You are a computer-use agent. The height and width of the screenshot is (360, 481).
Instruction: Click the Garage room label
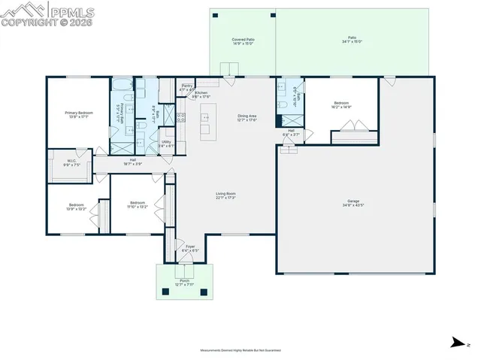[352, 203]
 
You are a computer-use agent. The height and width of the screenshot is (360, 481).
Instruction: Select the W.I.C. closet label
[71, 162]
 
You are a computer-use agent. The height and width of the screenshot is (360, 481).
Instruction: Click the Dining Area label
[247, 118]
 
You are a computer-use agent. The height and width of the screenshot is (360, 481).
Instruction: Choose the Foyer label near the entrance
[190, 249]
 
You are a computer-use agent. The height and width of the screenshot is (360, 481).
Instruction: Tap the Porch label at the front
[185, 283]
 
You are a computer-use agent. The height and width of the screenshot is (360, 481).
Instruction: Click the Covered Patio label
[242, 41]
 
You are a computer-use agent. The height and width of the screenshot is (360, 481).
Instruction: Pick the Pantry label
[186, 88]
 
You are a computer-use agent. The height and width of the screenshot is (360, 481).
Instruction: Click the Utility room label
[166, 144]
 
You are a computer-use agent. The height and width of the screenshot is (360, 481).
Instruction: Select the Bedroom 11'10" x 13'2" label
[137, 204]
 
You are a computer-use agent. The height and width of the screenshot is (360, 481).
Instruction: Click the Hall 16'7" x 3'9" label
[132, 162]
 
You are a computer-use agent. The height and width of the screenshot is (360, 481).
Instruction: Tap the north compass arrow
[455, 343]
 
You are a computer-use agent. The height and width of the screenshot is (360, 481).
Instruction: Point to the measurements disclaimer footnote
[240, 350]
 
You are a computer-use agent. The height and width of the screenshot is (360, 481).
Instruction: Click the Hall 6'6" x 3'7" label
[290, 135]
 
